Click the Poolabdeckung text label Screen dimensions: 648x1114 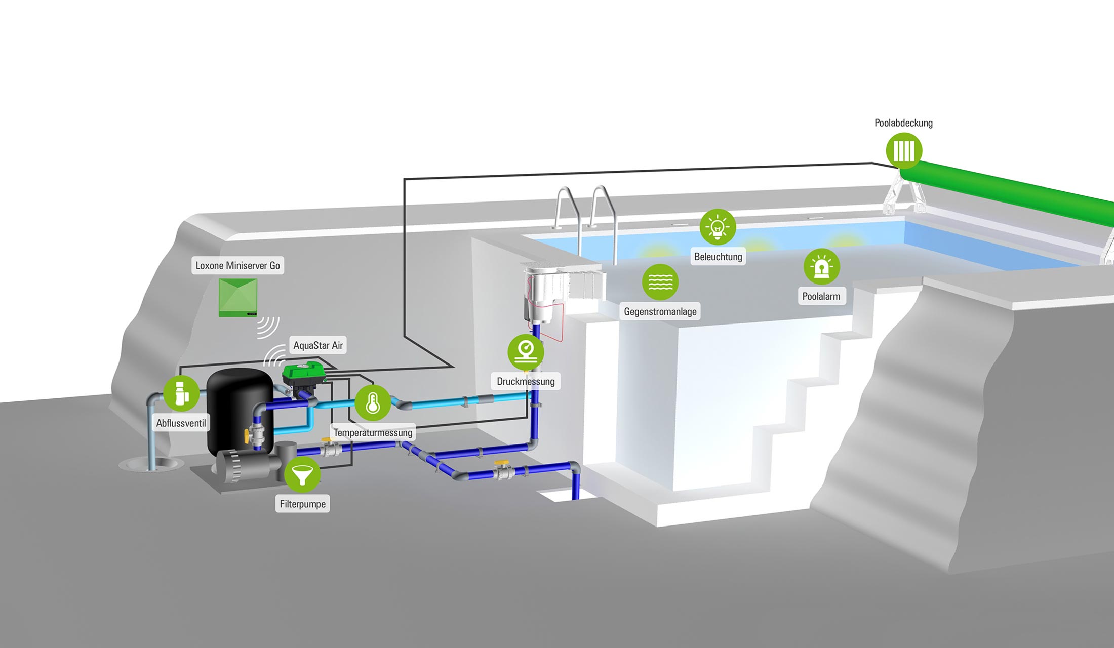(x=903, y=123)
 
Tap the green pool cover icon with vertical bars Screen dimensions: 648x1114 (x=904, y=150)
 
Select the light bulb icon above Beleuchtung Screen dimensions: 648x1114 (x=718, y=227)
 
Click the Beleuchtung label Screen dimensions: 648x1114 (x=718, y=257)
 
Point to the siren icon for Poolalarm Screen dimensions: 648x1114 (x=821, y=266)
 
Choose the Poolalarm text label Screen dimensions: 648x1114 (x=821, y=296)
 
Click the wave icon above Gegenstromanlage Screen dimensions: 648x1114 (x=660, y=281)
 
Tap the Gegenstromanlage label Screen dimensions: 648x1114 (x=660, y=311)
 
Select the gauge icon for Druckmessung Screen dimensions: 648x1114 (x=526, y=351)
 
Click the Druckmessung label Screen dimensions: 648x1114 (x=526, y=381)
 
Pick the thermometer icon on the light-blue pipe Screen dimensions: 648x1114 (x=373, y=403)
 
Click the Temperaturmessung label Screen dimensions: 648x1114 (x=373, y=433)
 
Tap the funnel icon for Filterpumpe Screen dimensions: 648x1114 (x=302, y=474)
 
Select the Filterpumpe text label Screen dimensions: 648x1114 (x=302, y=504)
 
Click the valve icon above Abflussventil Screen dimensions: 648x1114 (x=181, y=393)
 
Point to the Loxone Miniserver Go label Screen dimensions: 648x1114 (x=237, y=265)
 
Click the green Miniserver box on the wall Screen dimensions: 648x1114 (x=238, y=297)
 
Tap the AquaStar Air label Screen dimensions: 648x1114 (x=318, y=345)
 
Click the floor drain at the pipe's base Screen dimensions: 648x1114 (x=150, y=464)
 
